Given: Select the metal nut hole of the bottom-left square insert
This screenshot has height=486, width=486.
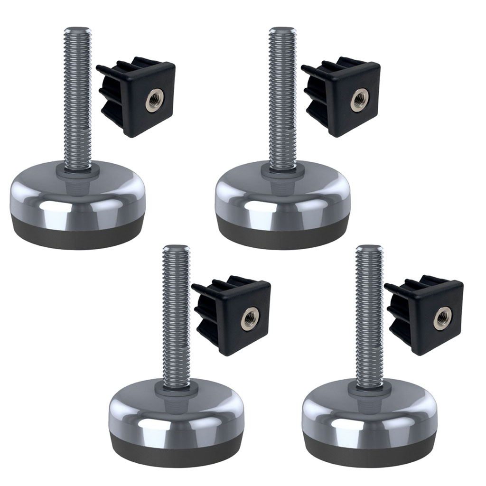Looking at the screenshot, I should pos(249,318).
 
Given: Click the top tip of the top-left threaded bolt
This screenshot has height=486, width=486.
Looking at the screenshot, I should pos(77,29).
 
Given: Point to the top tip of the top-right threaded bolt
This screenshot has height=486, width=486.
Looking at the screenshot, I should pos(282,30).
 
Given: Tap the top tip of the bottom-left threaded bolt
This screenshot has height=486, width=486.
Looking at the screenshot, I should pos(176,248).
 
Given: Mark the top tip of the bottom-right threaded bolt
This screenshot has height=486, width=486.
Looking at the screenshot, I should pos(369,248).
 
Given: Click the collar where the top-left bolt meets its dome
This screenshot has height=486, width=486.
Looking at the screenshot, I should pos(77,170).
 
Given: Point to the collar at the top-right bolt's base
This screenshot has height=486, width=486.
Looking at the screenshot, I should pos(282,170).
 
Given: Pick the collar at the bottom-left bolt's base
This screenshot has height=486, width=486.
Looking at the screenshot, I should pos(176,389).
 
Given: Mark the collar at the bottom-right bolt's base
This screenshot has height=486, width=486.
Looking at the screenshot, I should pos(369,389).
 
